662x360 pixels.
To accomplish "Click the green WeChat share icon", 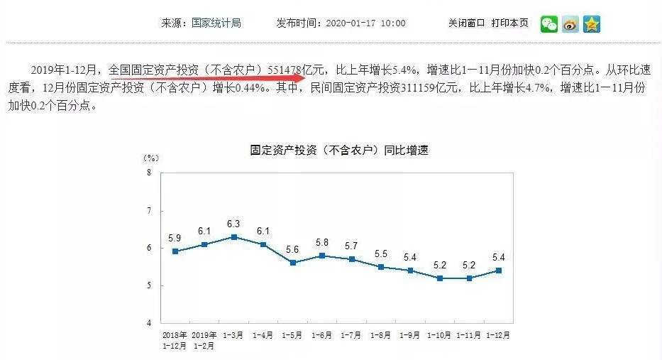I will [x=549, y=23].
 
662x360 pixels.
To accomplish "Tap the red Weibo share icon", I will [x=570, y=23].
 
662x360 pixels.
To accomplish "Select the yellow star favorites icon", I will [x=592, y=23].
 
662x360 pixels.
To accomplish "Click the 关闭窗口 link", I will [x=466, y=23].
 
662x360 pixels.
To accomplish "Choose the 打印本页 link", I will [x=509, y=23].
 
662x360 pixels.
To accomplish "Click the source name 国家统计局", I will [x=216, y=23].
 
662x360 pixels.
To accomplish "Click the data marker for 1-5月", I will [x=292, y=263].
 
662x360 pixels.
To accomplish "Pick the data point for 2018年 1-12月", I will [x=175, y=251].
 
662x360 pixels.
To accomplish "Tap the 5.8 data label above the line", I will [x=322, y=242].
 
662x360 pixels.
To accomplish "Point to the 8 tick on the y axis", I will [x=149, y=173].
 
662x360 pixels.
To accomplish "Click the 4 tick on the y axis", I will [x=149, y=323].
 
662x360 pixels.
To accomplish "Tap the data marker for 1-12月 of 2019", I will [x=499, y=271].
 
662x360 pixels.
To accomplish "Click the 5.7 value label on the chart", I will [x=351, y=246].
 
